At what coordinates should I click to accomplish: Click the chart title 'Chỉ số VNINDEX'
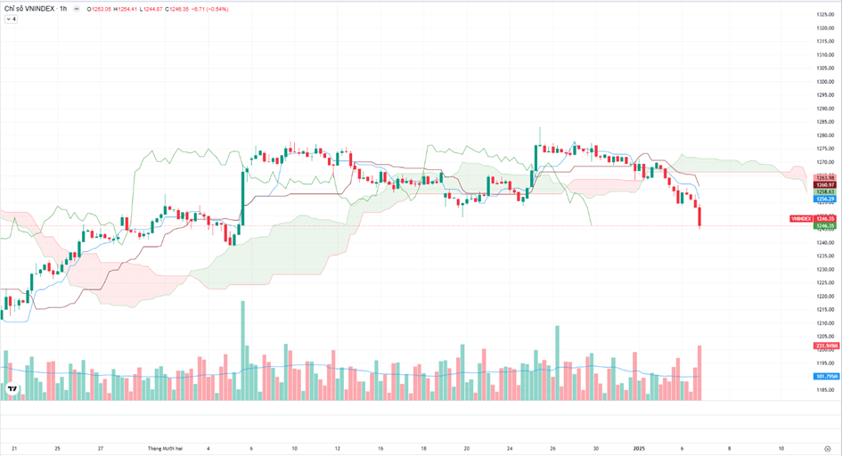29,9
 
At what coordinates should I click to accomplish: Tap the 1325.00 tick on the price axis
824,15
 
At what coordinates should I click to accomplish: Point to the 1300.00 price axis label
824,82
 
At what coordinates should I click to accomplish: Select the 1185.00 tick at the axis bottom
824,390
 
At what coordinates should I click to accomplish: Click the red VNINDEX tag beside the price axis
801,218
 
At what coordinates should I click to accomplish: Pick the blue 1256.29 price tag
824,199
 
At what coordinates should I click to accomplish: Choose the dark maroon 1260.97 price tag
824,184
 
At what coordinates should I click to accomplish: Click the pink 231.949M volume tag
824,346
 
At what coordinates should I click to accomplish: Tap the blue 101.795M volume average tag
824,377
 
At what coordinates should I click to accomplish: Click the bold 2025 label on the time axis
638,449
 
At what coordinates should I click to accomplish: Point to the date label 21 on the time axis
14,449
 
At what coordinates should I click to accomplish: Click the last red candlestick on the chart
700,216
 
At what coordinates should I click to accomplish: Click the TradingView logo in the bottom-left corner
12,389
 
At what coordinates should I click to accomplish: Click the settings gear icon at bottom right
828,449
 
